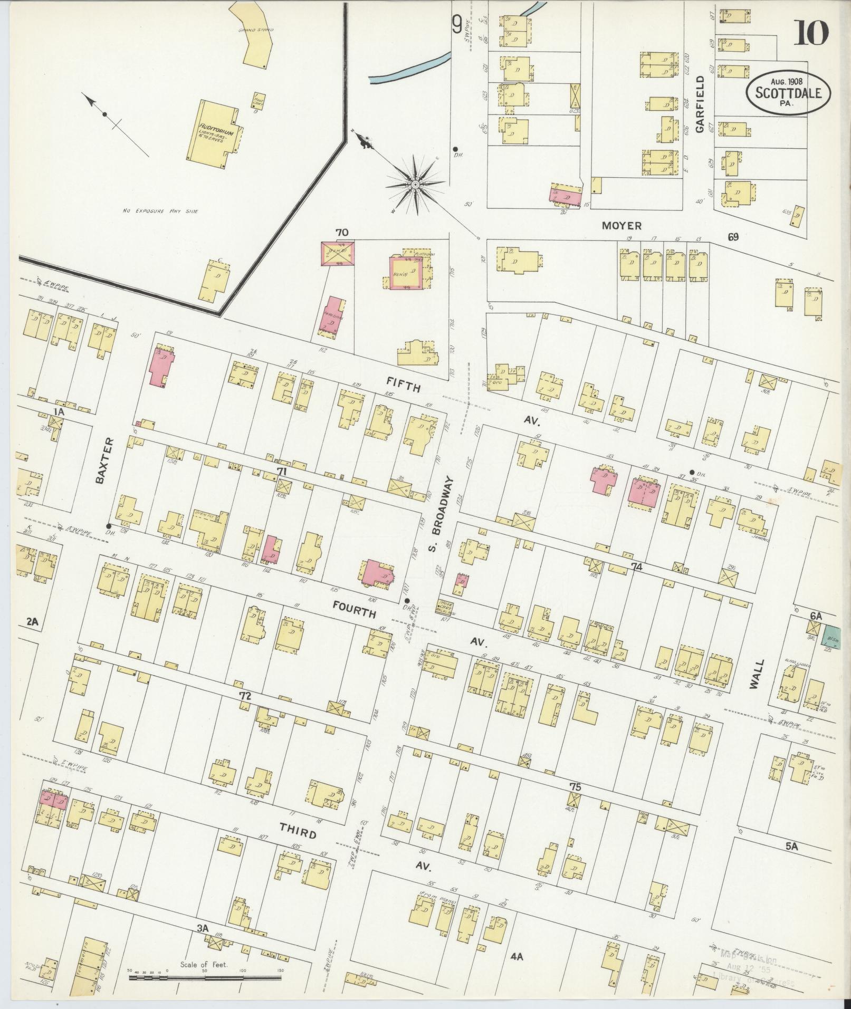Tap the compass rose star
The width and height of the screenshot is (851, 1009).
[415, 184]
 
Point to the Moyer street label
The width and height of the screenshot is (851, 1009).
[623, 226]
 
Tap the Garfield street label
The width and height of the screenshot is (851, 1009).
[700, 104]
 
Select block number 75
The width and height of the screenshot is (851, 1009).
[575, 801]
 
